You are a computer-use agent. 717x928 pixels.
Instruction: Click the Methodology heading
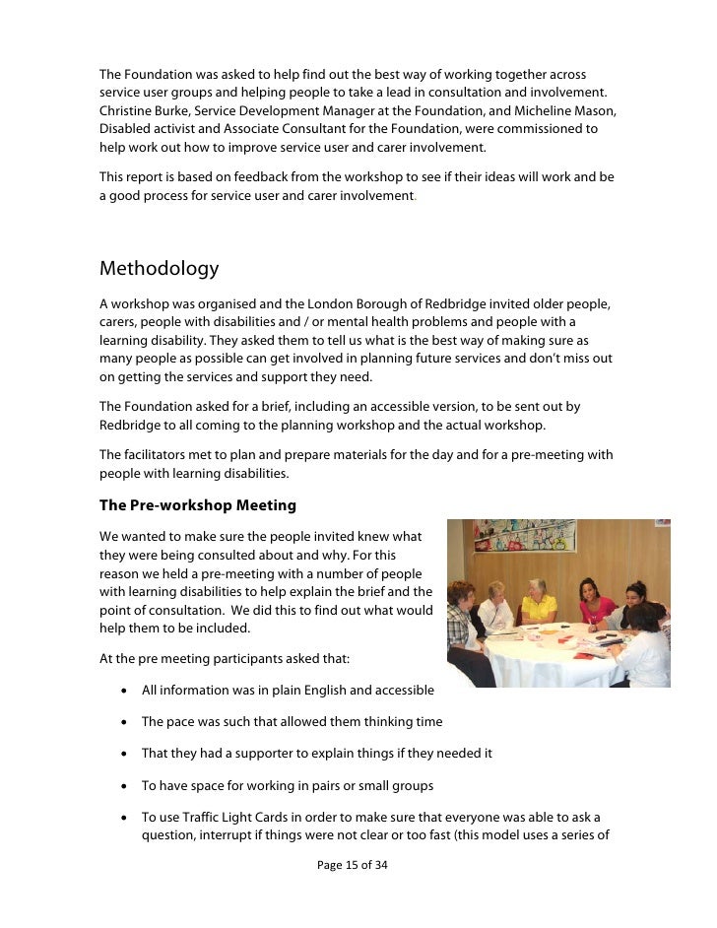tap(159, 269)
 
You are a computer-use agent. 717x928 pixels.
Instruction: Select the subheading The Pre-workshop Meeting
tap(197, 505)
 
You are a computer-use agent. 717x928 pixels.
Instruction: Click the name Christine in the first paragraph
tap(126, 111)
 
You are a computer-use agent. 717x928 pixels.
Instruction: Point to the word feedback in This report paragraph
tap(256, 177)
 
